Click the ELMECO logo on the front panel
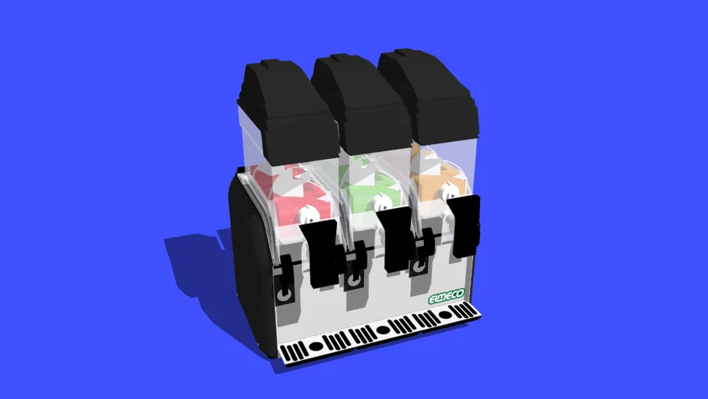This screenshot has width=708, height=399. (447, 297)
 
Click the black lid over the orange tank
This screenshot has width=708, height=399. (432, 90)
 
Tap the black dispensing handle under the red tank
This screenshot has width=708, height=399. (323, 252)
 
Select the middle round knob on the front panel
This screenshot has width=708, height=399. (356, 279)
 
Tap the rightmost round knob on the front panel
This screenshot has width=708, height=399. (420, 267)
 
